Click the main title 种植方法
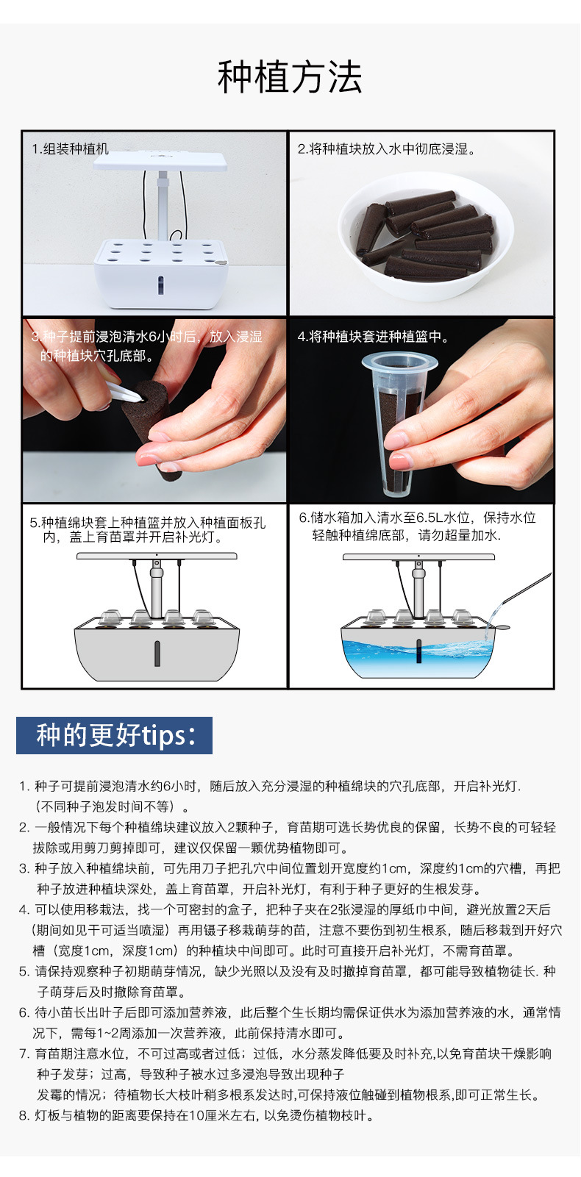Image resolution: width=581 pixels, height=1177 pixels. pos(290,77)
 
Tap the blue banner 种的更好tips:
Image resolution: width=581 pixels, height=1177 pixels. pos(114,735)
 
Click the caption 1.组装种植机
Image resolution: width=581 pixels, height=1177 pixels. pos(71,149)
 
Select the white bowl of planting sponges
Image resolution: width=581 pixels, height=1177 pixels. pos(426,237)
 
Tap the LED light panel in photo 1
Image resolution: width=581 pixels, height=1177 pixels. pos(160,160)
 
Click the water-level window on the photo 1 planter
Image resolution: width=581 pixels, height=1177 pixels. pos(160,285)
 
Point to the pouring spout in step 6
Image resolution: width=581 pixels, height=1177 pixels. pos(526,587)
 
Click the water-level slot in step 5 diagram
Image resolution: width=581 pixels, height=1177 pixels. pos(157,653)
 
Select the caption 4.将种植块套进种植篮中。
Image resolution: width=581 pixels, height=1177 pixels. pos(374,336)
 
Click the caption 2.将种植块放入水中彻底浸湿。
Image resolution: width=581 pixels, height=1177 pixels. pos(386,149)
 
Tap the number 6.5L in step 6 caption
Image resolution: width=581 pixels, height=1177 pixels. pos(430,518)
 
